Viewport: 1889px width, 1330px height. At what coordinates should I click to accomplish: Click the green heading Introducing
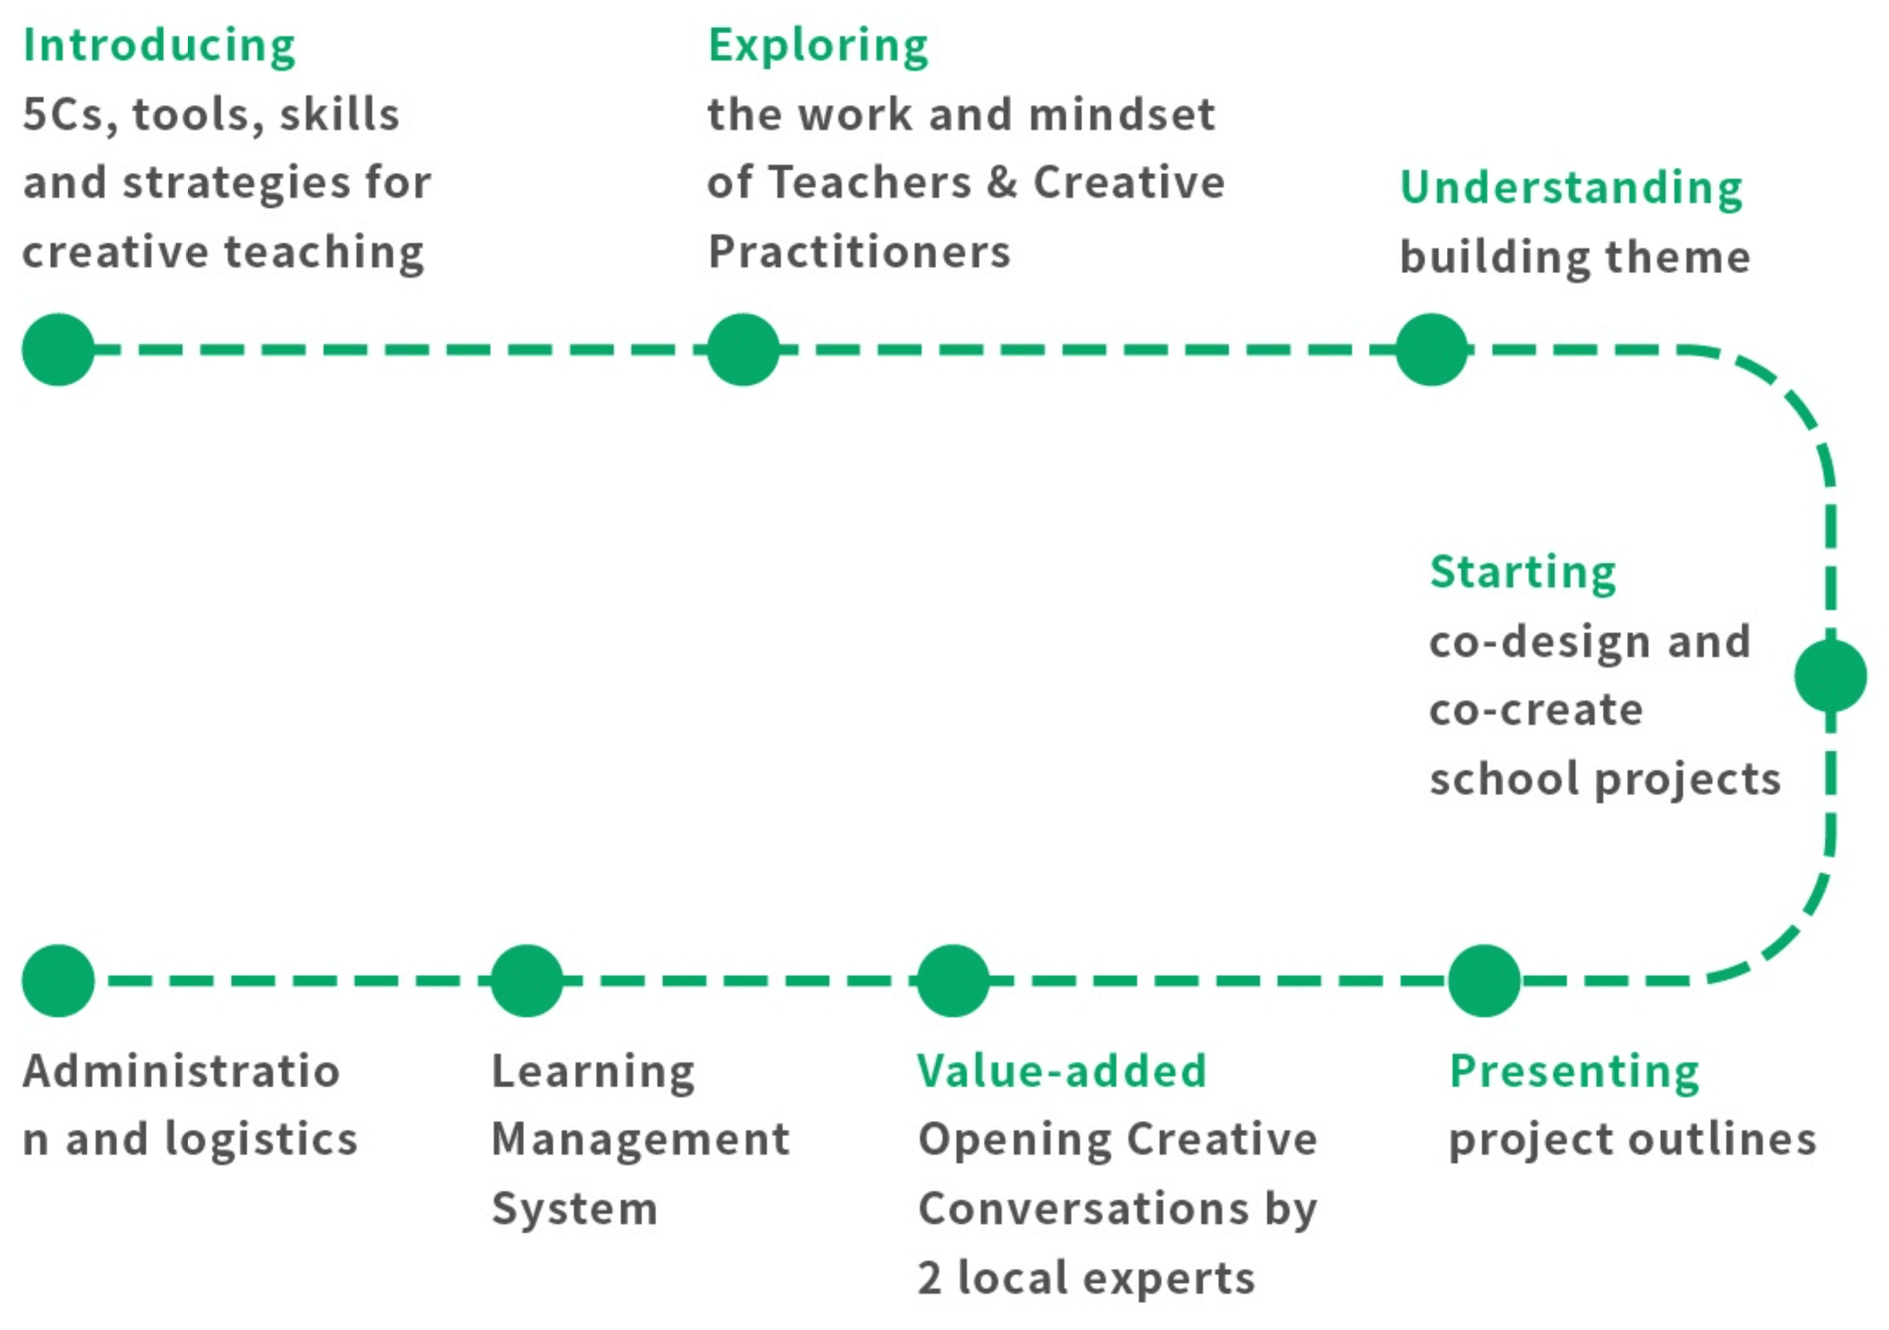point(158,46)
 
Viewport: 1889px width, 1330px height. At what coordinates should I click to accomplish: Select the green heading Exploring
point(818,46)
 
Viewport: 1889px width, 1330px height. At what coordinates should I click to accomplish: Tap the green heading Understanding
point(1571,189)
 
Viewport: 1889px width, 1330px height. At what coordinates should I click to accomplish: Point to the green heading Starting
point(1523,573)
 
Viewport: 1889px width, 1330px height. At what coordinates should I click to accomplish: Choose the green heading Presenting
point(1574,1073)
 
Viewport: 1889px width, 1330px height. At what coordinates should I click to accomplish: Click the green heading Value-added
point(1062,1071)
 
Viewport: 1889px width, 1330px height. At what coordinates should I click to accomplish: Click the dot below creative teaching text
point(59,350)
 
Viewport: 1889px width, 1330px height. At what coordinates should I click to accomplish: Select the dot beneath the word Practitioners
point(743,350)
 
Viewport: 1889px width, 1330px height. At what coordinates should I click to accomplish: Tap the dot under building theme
point(1431,350)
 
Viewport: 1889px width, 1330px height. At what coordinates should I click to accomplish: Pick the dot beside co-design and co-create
point(1830,676)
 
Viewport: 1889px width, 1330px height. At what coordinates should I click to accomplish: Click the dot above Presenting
point(1484,981)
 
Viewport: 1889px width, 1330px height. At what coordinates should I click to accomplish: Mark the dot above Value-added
point(953,981)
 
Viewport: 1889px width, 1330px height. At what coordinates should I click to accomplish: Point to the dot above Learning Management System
point(526,981)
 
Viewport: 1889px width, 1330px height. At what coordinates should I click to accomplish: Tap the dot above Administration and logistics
point(59,981)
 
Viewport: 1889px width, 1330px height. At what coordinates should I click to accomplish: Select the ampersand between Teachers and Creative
point(1002,182)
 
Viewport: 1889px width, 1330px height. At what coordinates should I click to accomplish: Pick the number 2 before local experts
point(930,1279)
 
